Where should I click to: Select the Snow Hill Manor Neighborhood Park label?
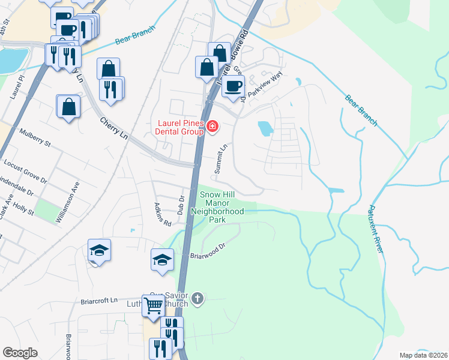pos(217,207)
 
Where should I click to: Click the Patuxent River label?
pos(376,229)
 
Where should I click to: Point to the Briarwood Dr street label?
pos(207,251)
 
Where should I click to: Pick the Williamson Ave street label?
pos(67,203)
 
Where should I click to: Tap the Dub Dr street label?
pos(180,205)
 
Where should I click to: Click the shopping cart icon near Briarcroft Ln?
pos(153,305)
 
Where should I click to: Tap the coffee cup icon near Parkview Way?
pos(233,86)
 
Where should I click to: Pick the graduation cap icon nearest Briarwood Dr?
pos(162,260)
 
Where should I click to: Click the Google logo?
pos(20,353)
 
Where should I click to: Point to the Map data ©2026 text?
pos(423,355)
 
